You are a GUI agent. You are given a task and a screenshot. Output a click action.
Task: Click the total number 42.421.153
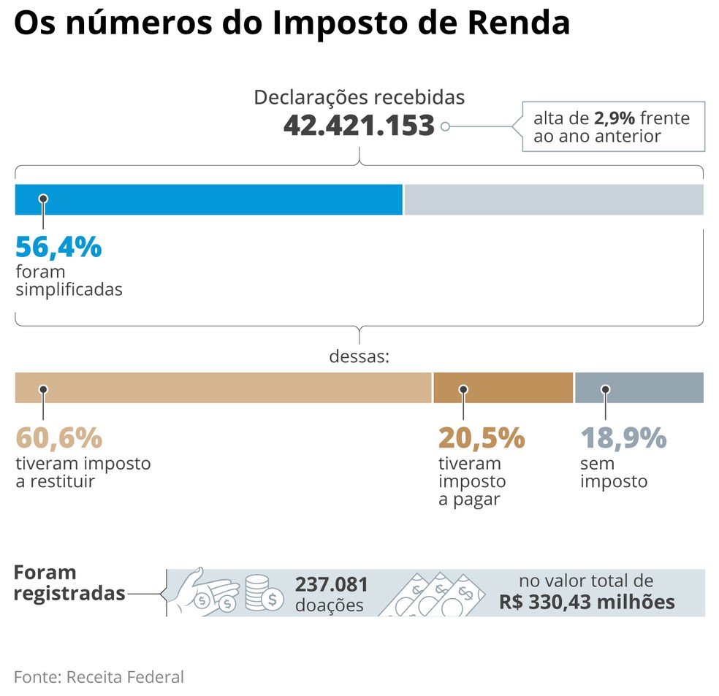click(359, 126)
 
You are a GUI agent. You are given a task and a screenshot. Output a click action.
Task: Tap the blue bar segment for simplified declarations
click(208, 199)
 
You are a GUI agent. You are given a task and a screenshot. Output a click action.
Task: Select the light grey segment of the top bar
click(554, 199)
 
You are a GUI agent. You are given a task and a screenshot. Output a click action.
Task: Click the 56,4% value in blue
click(58, 248)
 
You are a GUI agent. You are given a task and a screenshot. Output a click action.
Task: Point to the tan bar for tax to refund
click(223, 388)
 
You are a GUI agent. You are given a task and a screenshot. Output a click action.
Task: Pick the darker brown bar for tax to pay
click(503, 388)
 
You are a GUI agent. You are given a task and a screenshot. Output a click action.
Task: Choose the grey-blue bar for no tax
click(639, 388)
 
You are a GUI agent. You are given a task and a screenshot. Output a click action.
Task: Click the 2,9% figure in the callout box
click(615, 118)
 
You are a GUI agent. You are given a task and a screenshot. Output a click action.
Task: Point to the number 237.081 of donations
click(332, 584)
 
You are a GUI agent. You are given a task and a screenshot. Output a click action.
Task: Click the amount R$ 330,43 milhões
click(587, 603)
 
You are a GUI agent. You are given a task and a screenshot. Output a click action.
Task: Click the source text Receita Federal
click(125, 676)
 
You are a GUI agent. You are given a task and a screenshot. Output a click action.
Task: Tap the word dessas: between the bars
click(359, 357)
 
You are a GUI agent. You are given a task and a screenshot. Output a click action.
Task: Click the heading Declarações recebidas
click(359, 97)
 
